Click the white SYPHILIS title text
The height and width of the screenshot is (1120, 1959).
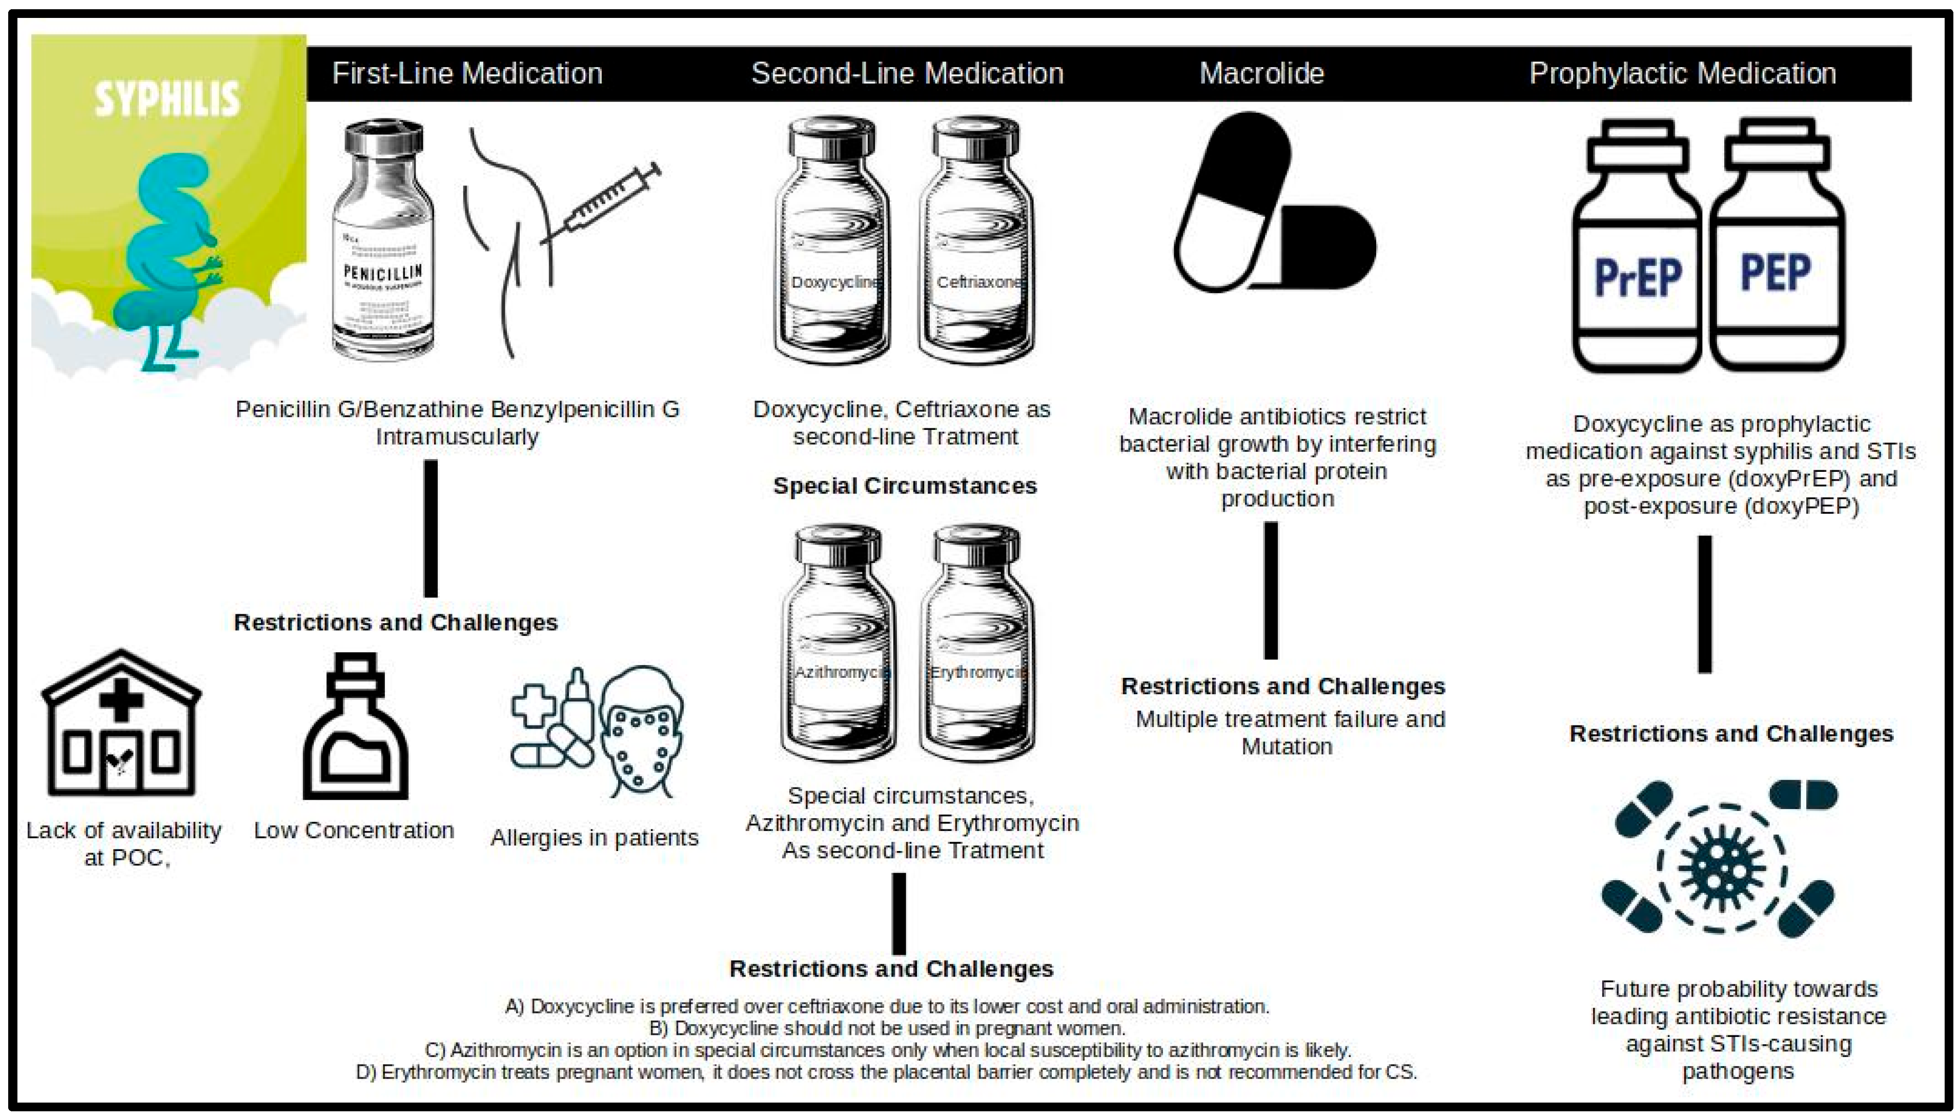[167, 99]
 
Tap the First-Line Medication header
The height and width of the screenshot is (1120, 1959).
[467, 74]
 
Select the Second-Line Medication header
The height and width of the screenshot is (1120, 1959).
[907, 74]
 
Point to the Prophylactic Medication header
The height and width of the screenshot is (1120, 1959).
[1682, 74]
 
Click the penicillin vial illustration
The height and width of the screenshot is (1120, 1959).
[382, 240]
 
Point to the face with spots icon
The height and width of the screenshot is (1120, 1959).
[640, 731]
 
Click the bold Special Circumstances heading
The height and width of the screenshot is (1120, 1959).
[905, 486]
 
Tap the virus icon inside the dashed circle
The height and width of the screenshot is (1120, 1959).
[1722, 868]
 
